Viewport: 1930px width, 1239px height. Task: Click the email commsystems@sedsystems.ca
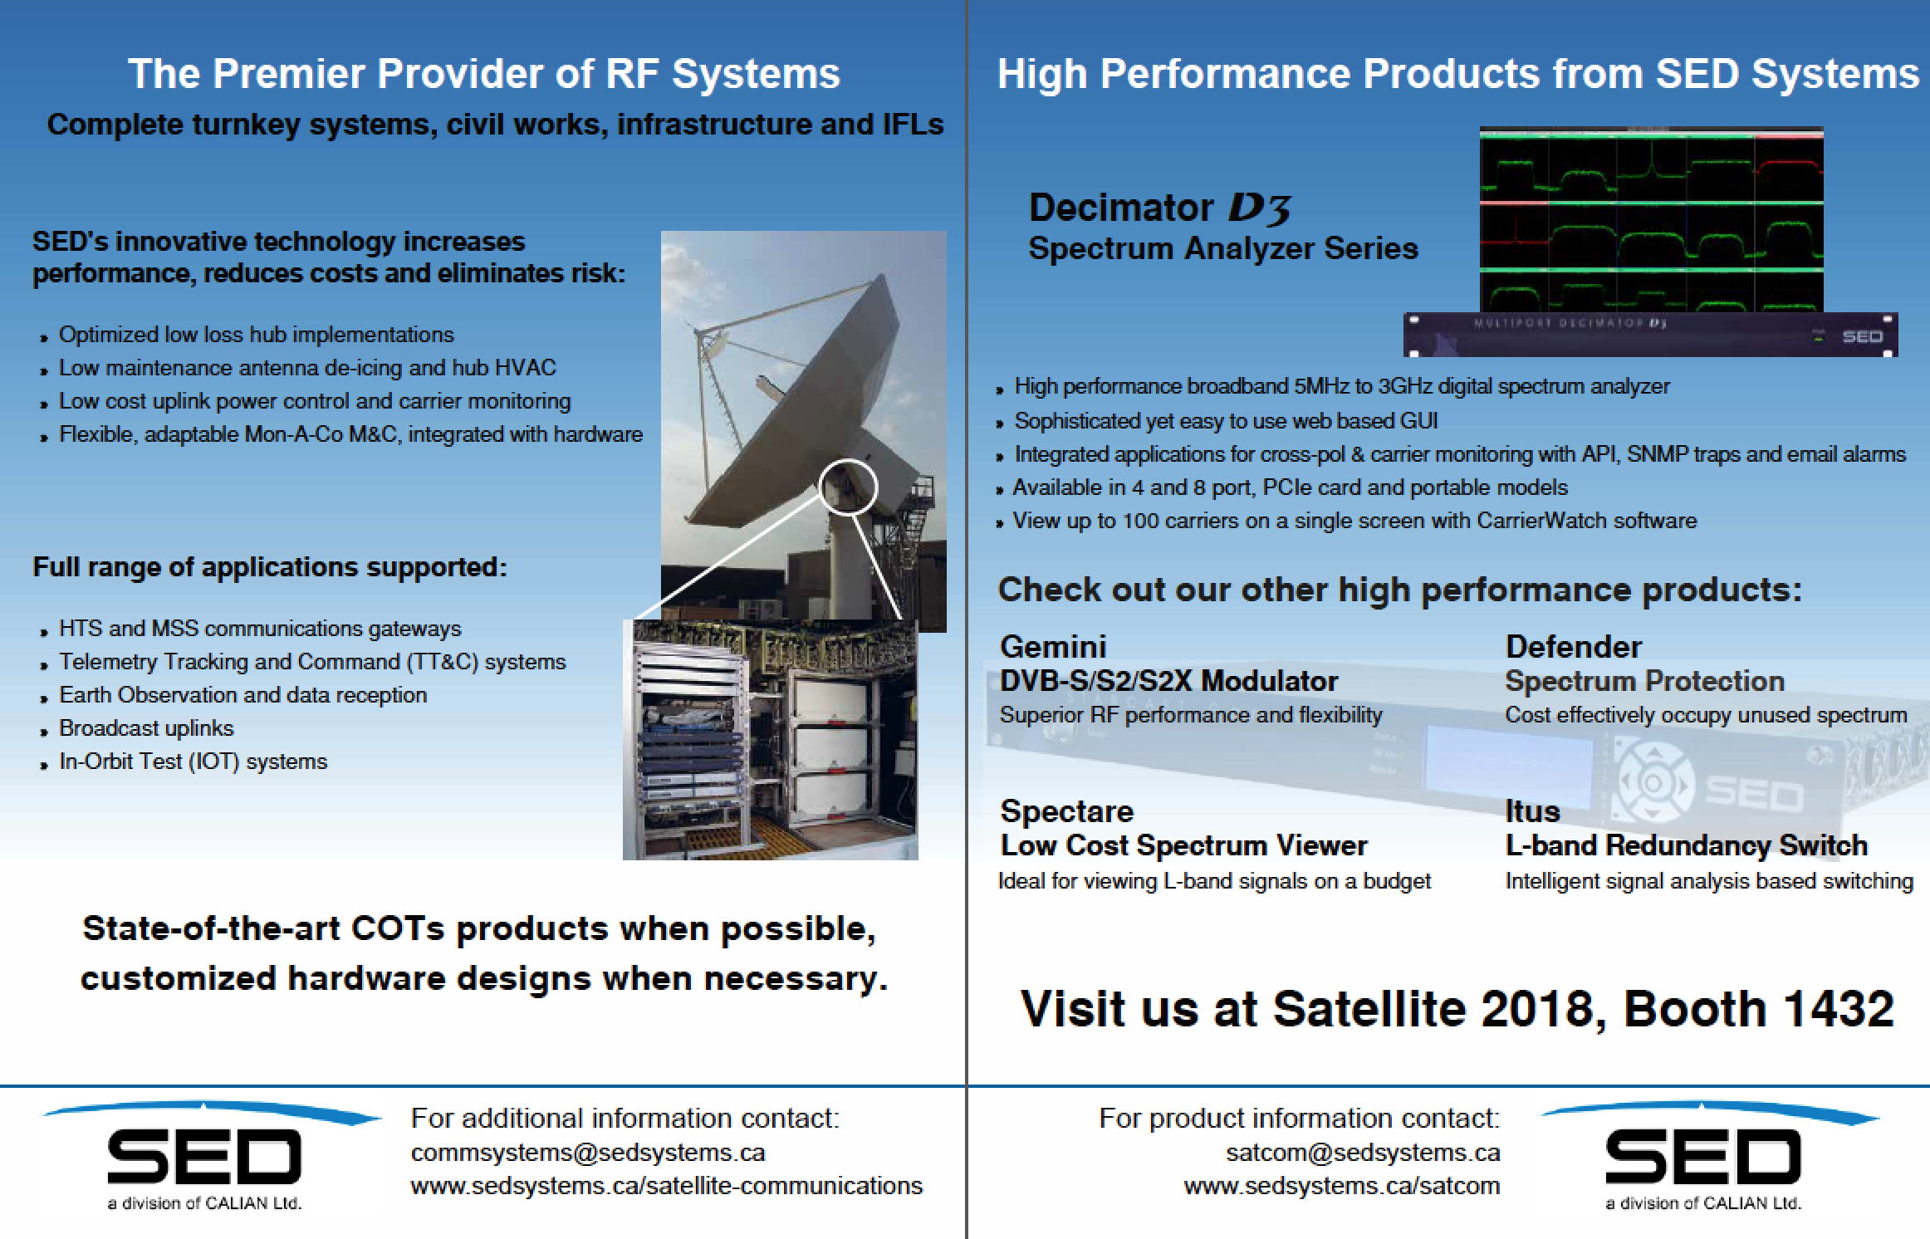588,1153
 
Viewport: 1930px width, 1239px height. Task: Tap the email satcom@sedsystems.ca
1363,1153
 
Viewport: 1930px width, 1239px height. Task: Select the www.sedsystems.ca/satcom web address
1342,1186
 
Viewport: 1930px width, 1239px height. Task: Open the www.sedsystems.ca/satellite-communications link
666,1186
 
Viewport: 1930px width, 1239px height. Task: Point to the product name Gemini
1053,647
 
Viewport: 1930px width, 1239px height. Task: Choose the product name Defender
1574,647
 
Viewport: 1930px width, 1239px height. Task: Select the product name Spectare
1067,811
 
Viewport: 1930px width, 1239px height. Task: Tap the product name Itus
1532,811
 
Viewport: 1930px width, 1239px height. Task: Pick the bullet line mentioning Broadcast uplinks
146,728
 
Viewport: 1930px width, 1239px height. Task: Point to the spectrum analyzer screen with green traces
1651,220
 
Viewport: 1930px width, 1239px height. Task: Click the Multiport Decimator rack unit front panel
1650,335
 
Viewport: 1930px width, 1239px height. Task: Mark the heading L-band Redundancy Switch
1687,845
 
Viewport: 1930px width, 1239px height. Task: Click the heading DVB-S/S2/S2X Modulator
1168,681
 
